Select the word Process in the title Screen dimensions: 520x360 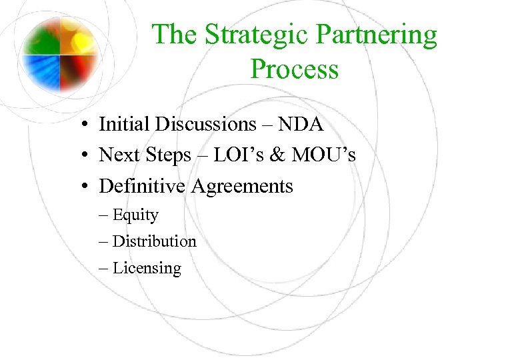294,69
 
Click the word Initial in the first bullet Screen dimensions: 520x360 123,124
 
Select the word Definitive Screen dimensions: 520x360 143,186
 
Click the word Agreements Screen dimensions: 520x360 242,187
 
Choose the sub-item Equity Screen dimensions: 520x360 135,215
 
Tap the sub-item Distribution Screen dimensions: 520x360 154,241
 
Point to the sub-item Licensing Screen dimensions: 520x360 147,269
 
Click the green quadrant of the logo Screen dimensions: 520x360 41,34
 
